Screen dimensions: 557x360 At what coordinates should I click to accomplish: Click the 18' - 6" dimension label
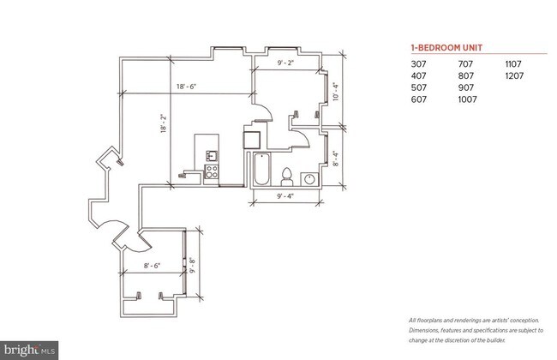tap(187, 87)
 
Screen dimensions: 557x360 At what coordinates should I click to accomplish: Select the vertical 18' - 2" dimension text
tap(164, 123)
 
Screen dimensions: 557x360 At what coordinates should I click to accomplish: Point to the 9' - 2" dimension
tap(285, 63)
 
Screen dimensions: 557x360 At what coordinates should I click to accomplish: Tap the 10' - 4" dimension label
tap(336, 92)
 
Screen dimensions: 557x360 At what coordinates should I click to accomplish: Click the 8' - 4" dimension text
tap(336, 159)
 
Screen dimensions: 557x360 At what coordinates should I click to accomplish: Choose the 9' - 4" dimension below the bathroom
tap(285, 195)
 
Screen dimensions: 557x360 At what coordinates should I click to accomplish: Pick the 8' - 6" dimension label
tap(152, 266)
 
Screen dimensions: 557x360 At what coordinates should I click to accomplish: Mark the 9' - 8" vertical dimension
tap(193, 265)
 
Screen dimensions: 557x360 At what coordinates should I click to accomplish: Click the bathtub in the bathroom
tap(262, 169)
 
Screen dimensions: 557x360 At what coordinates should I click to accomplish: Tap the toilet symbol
tap(286, 177)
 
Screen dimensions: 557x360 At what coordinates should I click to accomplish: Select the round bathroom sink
tap(309, 179)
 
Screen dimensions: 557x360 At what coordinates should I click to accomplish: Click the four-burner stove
tap(212, 171)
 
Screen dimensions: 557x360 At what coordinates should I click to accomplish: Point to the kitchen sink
tap(212, 156)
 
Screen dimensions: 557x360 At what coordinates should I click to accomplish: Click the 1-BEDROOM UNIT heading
tap(446, 48)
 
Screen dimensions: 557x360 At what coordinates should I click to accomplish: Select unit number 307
tap(418, 64)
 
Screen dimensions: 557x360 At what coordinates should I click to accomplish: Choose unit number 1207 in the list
tap(514, 75)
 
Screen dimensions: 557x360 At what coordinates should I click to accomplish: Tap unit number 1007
tap(467, 99)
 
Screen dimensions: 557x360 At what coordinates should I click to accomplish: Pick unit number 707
tap(465, 64)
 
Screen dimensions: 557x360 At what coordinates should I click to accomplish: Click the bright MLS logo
tap(29, 351)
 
